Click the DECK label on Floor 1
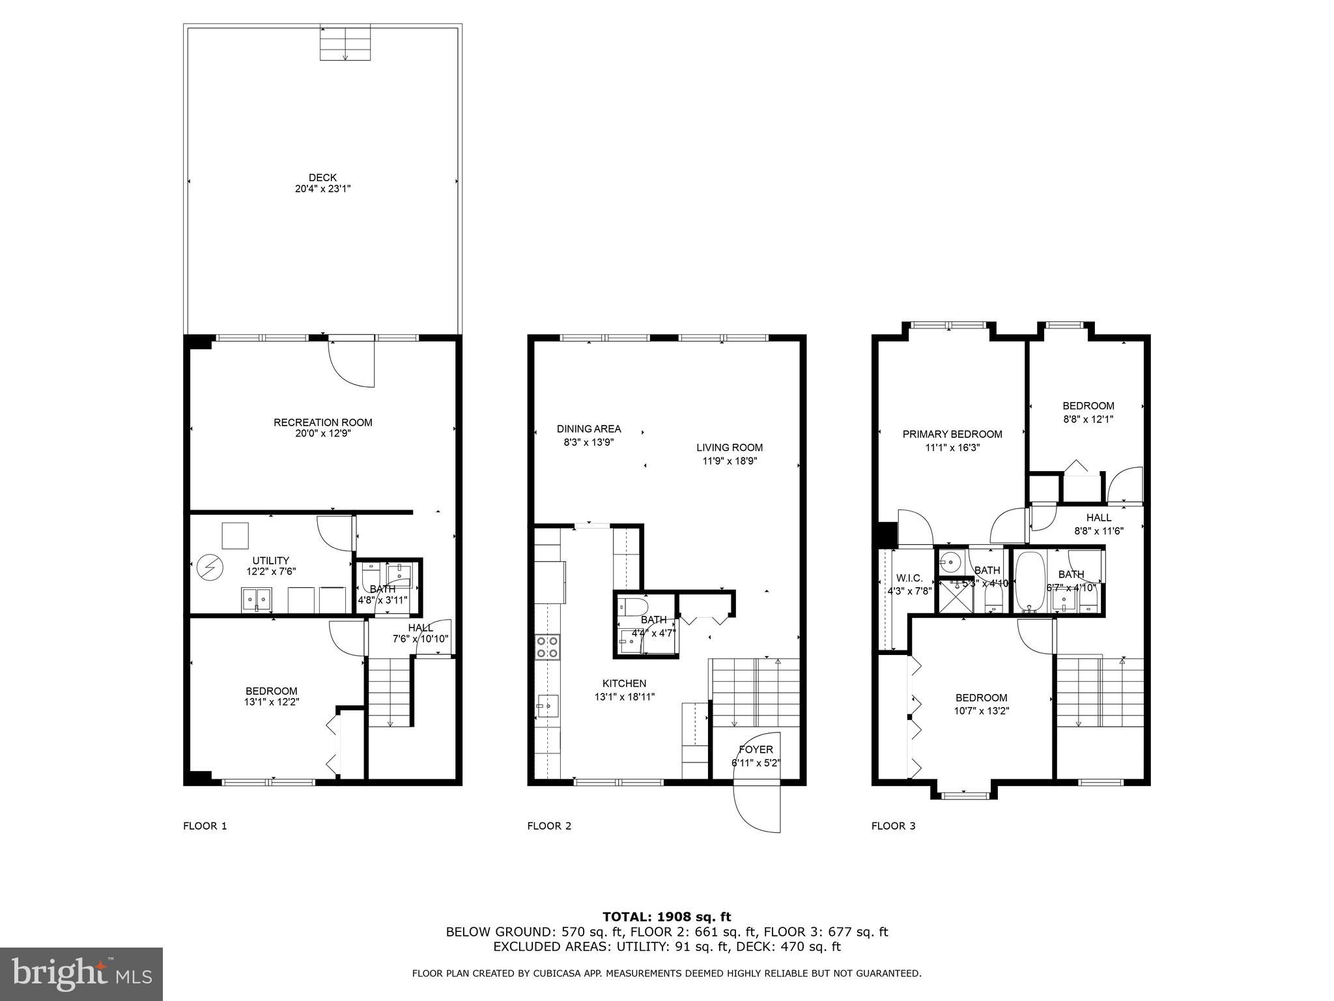pos(322,177)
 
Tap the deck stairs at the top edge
pos(345,43)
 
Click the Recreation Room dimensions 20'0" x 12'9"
pos(322,433)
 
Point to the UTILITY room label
pos(271,560)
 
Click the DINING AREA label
pos(589,429)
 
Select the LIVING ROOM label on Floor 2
pos(730,448)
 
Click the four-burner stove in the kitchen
pos(547,646)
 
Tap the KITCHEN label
pos(624,683)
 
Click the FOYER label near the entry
pos(756,749)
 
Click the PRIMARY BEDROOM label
pos(952,434)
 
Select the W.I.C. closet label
pos(909,578)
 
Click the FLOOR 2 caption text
pos(549,826)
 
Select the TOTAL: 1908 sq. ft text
pos(666,917)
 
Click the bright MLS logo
pos(81,974)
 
